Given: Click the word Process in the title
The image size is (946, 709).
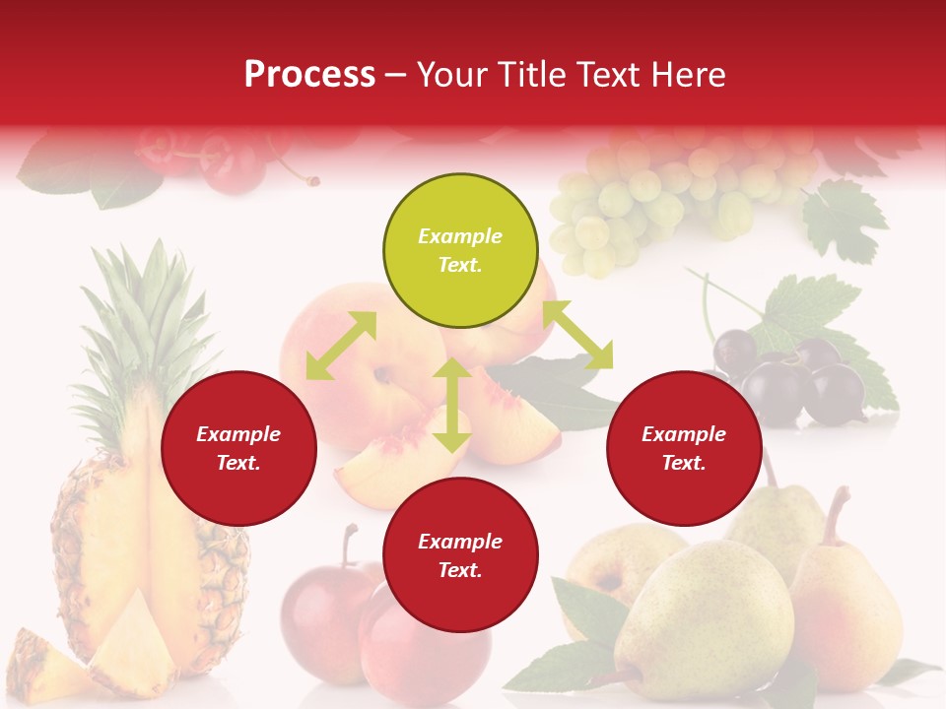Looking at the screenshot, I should coord(309,75).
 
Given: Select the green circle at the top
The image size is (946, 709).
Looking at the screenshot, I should coord(460,250).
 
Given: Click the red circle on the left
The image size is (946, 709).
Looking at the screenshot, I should coord(238,448).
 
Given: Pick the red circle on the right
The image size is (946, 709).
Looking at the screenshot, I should coord(684,448).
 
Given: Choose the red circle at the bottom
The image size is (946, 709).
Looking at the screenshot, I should coord(460,555).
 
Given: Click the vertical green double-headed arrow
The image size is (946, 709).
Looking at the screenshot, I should coord(451,405).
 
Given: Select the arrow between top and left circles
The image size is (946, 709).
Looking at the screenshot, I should coord(341,346).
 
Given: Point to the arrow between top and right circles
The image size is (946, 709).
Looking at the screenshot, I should coord(577,335).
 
